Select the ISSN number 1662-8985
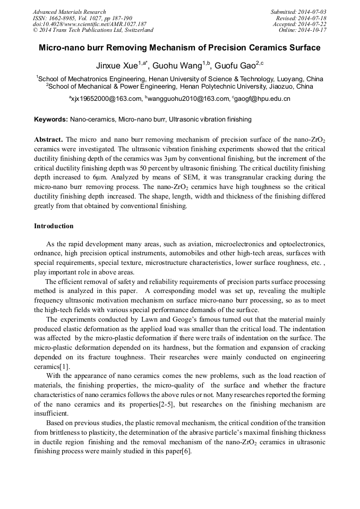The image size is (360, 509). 61,18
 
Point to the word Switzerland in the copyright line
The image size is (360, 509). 135,30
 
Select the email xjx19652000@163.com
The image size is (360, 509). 107,99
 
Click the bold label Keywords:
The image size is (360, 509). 51,119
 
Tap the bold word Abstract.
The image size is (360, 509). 48,140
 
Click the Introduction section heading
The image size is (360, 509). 54,226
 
